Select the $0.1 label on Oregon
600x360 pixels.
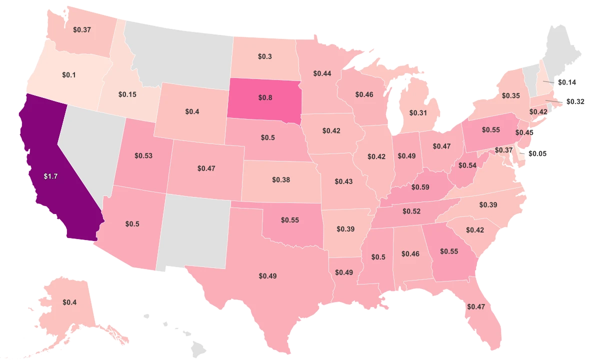point(69,74)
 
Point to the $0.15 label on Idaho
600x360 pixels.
point(127,93)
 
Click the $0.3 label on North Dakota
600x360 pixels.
point(265,57)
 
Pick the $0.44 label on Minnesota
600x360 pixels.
point(322,73)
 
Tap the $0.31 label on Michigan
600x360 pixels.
point(417,113)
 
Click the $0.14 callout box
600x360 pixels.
point(567,81)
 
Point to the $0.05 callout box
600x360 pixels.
point(538,153)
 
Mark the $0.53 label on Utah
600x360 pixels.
point(143,155)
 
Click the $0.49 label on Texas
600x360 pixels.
point(268,275)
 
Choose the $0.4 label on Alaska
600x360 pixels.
point(69,302)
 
